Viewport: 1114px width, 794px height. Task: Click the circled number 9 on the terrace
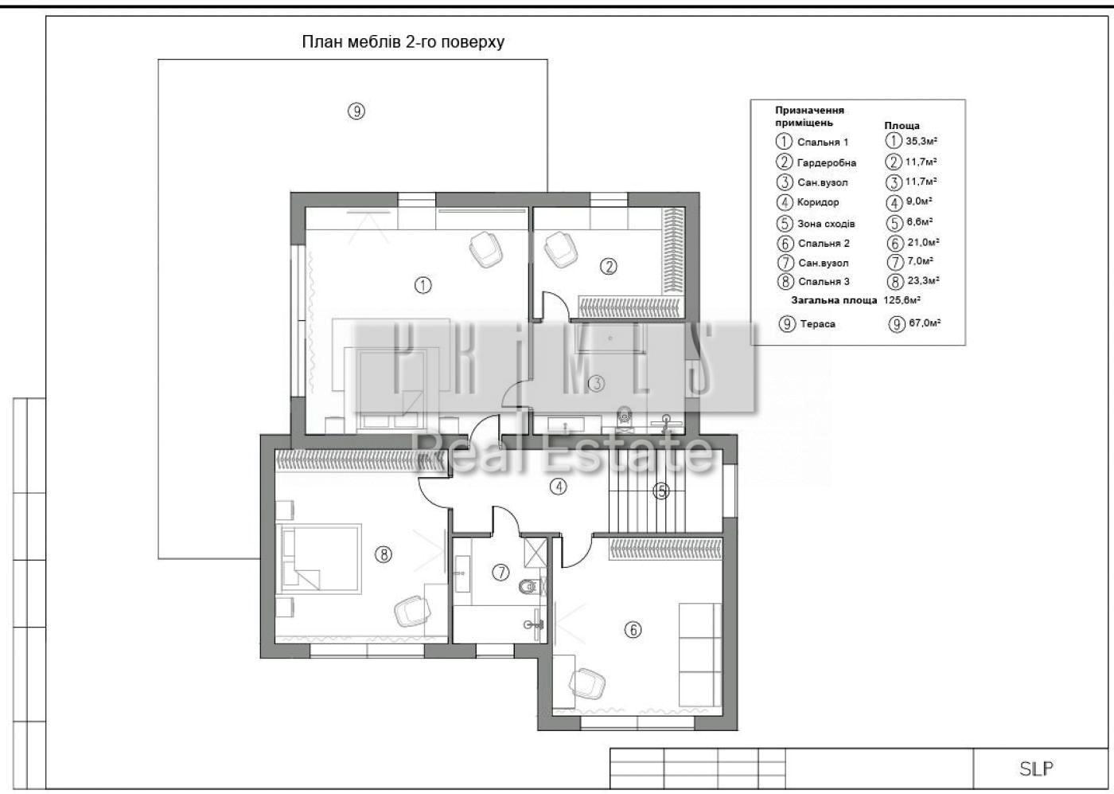356,111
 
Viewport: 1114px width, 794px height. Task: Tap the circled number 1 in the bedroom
423,285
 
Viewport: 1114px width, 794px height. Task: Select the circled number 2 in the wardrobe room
609,266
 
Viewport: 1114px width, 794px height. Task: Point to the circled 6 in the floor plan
633,630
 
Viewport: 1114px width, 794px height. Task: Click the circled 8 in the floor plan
383,554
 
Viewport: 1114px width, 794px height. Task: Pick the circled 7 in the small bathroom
501,573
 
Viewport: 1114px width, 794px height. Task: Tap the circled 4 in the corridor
558,487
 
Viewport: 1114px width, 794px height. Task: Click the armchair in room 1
486,249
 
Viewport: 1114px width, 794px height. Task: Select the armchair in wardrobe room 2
560,248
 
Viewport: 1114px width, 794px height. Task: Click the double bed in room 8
319,558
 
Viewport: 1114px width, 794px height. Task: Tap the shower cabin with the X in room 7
535,552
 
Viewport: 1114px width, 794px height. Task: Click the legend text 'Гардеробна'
827,162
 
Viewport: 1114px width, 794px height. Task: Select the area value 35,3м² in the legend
921,141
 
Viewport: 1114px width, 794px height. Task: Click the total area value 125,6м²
902,300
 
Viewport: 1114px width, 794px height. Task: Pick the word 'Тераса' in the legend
818,324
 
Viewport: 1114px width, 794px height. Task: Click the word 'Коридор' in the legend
818,202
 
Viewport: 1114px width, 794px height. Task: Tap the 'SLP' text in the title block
1036,769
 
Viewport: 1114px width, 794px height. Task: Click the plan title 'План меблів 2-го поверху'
403,42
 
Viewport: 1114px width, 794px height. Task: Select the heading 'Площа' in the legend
902,126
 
